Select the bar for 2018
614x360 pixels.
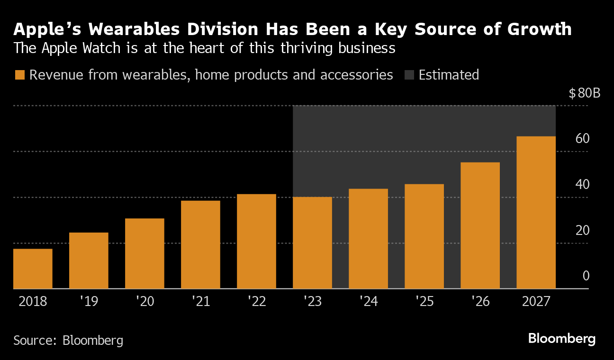[x=33, y=269]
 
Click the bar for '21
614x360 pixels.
[x=200, y=244]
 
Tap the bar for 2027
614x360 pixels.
[x=536, y=212]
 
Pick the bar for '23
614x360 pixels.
[x=312, y=243]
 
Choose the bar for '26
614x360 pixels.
[x=480, y=225]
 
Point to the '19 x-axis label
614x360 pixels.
[x=89, y=301]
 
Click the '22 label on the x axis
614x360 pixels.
[x=256, y=301]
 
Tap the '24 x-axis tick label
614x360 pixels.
[x=368, y=301]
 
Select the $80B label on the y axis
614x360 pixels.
[x=584, y=93]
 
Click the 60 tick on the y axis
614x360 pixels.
[x=582, y=139]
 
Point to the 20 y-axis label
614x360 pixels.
[x=582, y=231]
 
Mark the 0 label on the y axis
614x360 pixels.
[x=586, y=276]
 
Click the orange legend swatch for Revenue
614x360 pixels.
[x=19, y=75]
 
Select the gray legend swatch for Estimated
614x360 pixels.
[x=409, y=75]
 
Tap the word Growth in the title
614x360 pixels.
[x=540, y=29]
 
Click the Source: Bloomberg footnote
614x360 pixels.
[x=68, y=340]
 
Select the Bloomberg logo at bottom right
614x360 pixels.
[x=561, y=339]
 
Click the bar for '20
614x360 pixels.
[x=144, y=253]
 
